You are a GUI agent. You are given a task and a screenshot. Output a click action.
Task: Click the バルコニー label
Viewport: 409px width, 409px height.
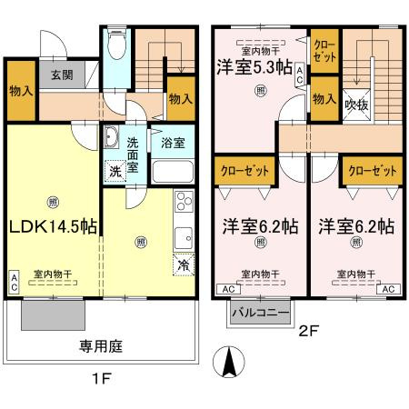[x=259, y=313]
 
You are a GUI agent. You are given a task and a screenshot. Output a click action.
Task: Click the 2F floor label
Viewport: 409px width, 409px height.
[x=306, y=333]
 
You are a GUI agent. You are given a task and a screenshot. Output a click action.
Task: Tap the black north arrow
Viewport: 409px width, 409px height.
[x=229, y=366]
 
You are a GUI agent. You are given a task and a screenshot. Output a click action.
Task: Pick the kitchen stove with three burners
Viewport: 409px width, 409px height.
[x=184, y=200]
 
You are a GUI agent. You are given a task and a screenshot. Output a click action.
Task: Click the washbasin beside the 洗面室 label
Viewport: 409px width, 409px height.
[x=111, y=137]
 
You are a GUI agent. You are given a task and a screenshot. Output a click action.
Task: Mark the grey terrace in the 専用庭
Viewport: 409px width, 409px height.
[x=53, y=315]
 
